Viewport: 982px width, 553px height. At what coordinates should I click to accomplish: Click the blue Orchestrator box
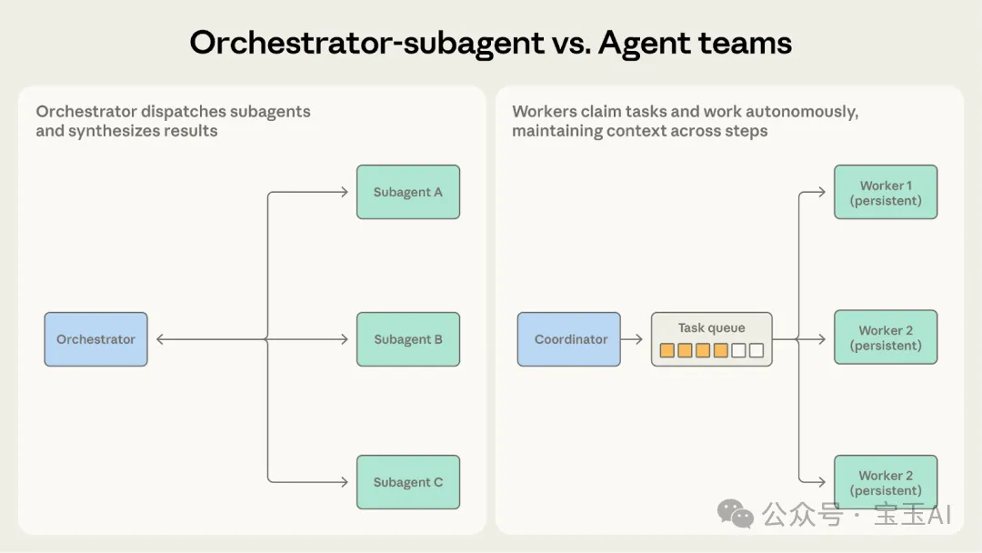point(95,339)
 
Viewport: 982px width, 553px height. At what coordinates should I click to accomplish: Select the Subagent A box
point(408,192)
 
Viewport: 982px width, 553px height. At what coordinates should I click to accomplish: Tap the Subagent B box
point(408,339)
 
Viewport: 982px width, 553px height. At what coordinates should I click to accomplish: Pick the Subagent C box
point(408,482)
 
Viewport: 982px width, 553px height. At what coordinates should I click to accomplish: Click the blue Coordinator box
point(569,339)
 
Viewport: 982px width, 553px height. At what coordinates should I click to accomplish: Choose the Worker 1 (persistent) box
point(886,192)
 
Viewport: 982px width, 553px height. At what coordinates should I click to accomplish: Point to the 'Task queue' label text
point(711,327)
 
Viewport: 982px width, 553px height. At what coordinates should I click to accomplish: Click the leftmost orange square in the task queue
point(667,350)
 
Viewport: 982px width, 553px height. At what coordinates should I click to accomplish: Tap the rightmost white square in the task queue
point(757,350)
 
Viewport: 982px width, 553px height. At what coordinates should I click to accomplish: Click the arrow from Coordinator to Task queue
point(633,339)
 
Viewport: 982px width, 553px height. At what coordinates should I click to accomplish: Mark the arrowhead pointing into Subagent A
point(344,192)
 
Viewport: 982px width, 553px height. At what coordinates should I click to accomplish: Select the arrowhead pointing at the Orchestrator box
point(160,339)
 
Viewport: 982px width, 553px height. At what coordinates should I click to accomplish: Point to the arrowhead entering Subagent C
point(344,482)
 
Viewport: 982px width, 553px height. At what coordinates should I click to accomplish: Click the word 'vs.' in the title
point(564,43)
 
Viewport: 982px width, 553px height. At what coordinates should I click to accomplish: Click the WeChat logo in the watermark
point(736,514)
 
